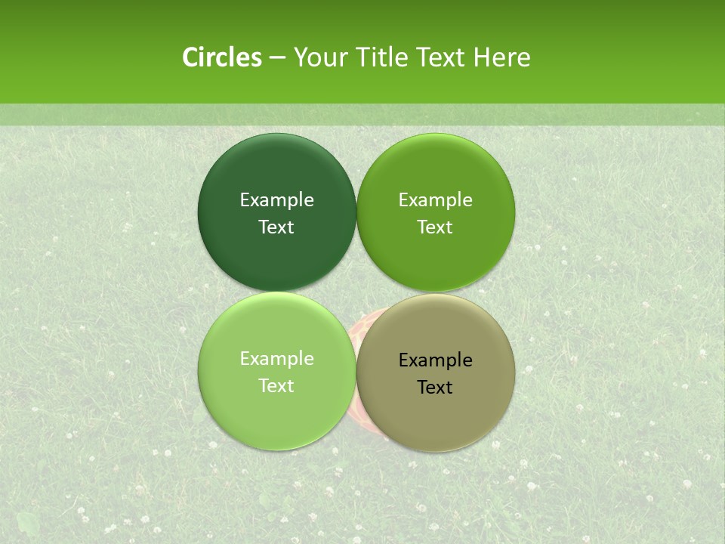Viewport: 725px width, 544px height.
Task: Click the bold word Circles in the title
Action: [x=222, y=57]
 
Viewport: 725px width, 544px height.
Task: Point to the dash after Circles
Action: [x=277, y=58]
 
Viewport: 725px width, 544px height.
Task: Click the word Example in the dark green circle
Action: [x=276, y=200]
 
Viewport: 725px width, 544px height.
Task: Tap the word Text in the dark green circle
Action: [x=276, y=227]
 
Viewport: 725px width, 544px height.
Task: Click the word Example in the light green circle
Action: [x=276, y=359]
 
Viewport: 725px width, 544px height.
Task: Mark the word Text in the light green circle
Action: [x=276, y=386]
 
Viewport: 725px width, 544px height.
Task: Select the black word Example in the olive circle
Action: [x=436, y=360]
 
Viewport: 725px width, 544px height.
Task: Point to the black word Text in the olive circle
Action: [x=435, y=388]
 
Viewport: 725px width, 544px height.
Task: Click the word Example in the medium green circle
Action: [x=436, y=200]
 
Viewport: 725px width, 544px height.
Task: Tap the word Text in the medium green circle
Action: [x=435, y=227]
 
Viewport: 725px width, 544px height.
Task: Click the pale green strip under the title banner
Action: [x=362, y=115]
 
